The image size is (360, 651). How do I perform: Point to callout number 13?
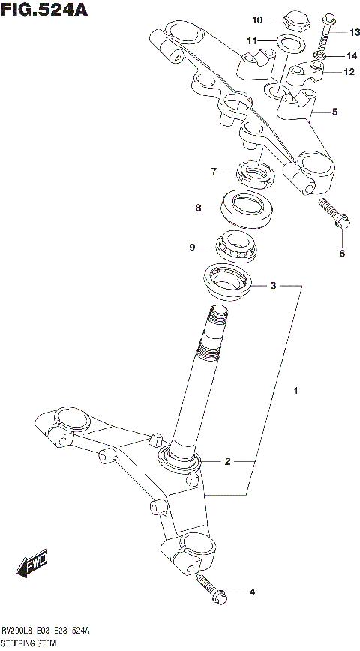(x=355, y=32)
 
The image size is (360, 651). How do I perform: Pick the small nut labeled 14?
(x=319, y=57)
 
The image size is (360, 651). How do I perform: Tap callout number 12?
(x=349, y=73)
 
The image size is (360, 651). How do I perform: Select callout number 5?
(x=334, y=112)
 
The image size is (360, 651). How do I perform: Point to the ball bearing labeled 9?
(x=235, y=244)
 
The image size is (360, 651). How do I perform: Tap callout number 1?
(x=297, y=391)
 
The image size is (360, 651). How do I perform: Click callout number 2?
(x=227, y=462)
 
